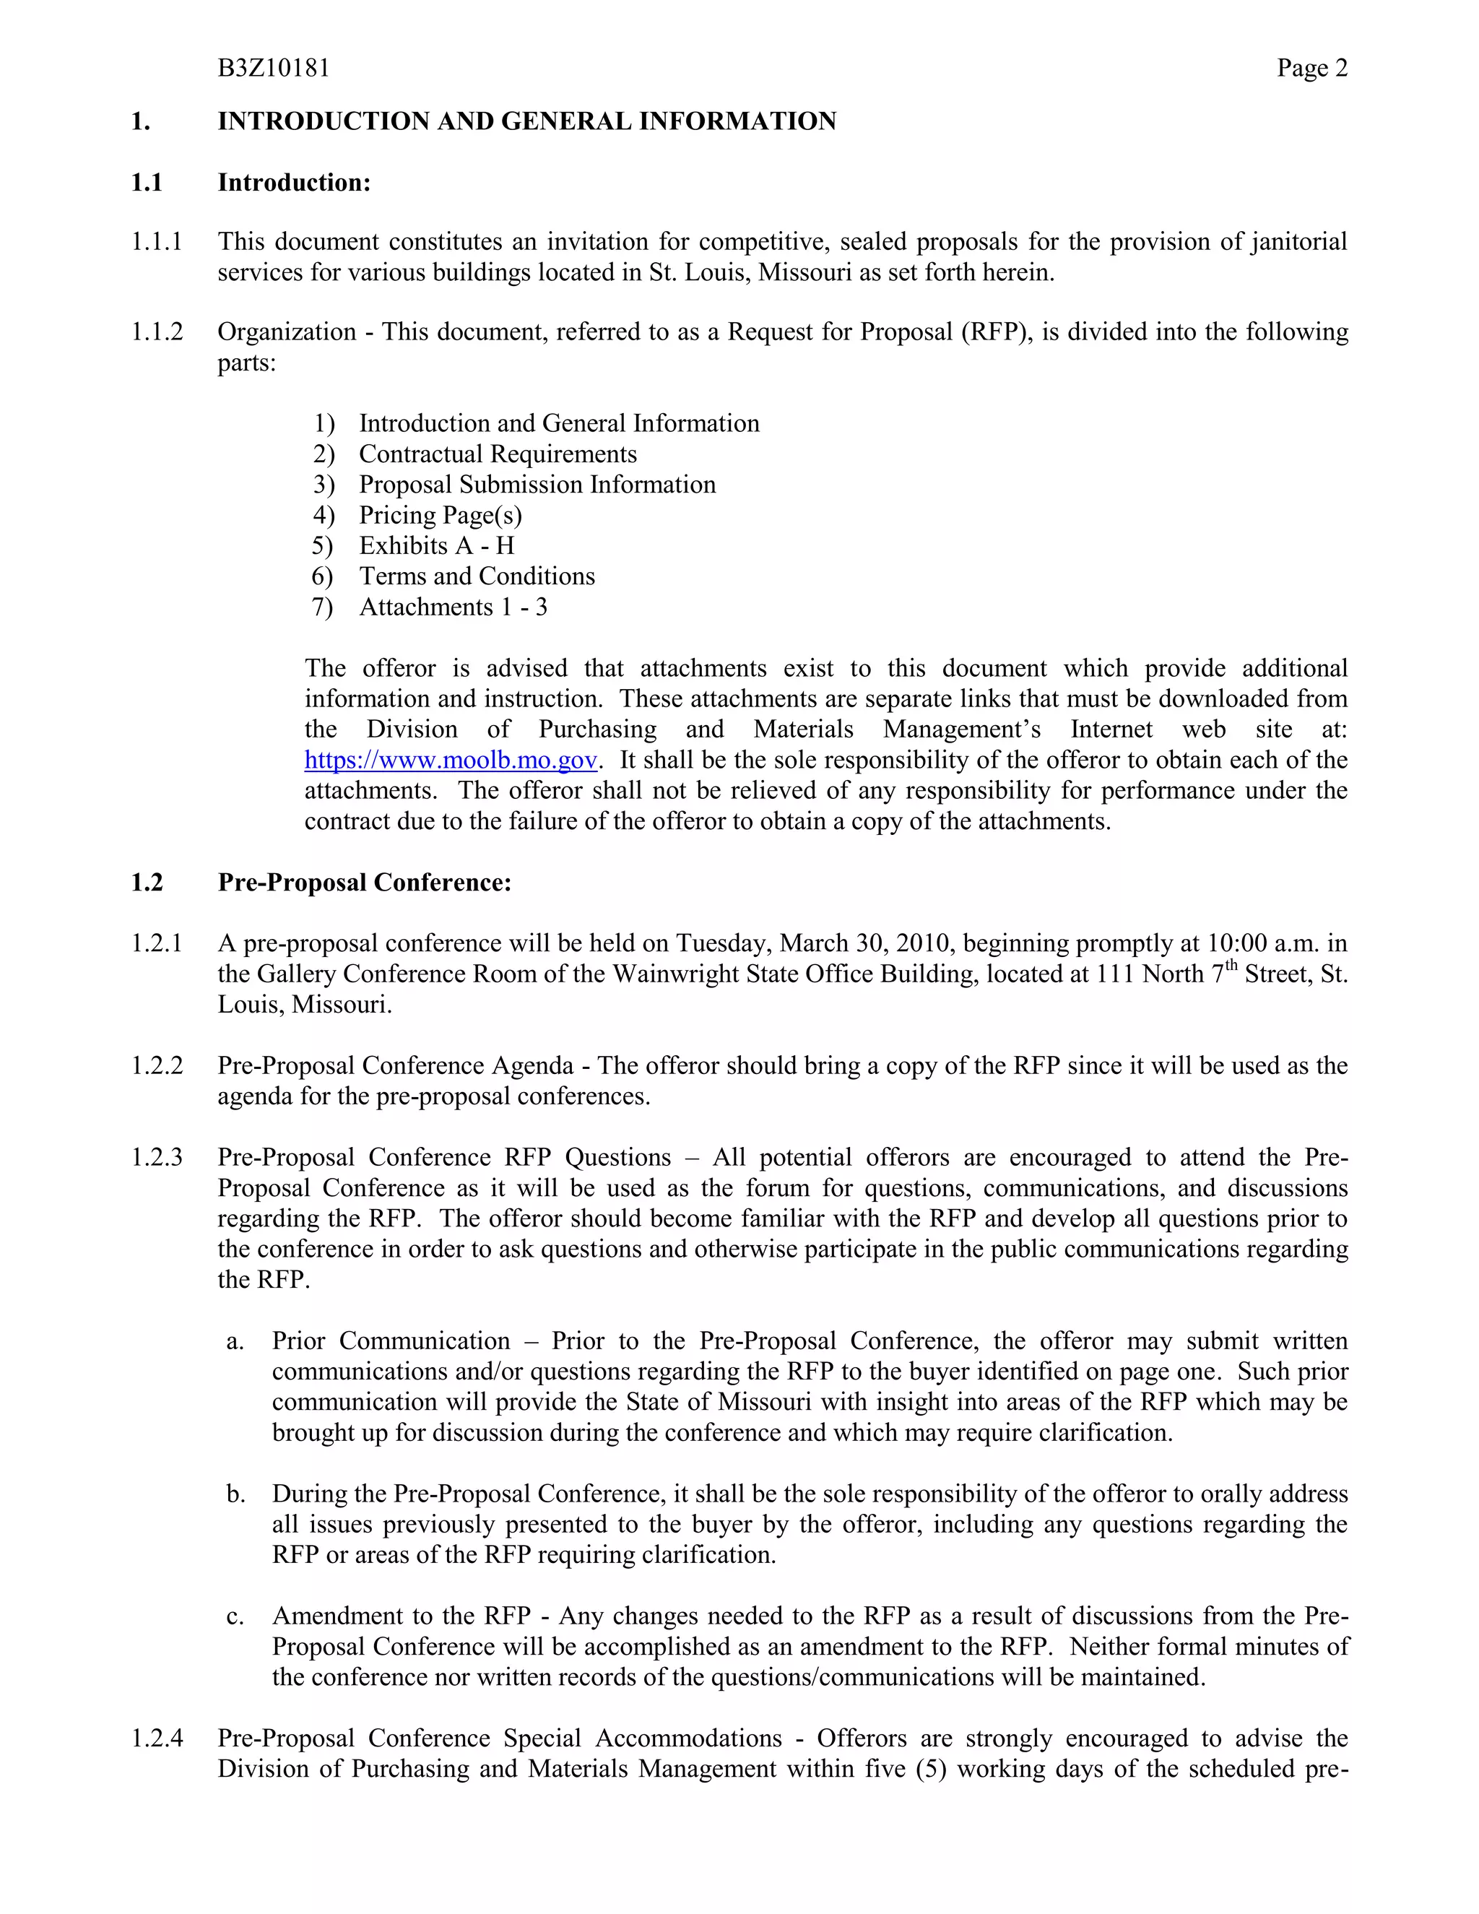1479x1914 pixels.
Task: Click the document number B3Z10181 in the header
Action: [274, 69]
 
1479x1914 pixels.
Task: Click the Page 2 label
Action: [1311, 69]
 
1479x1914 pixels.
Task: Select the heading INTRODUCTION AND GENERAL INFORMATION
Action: [526, 121]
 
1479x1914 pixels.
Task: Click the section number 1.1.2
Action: [157, 332]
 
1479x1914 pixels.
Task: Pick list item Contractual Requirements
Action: [498, 454]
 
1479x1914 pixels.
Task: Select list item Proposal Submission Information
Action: [537, 485]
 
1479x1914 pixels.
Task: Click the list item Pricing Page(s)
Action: [440, 515]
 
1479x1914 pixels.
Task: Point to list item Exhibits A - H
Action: [436, 546]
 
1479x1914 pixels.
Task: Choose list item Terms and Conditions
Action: [477, 576]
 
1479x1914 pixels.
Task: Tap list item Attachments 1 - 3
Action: [453, 607]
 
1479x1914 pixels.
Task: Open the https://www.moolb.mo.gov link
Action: [451, 760]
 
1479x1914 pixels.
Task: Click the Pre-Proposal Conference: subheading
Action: [365, 883]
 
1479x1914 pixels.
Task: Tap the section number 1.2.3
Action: [157, 1158]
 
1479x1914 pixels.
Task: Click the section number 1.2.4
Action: [157, 1738]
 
